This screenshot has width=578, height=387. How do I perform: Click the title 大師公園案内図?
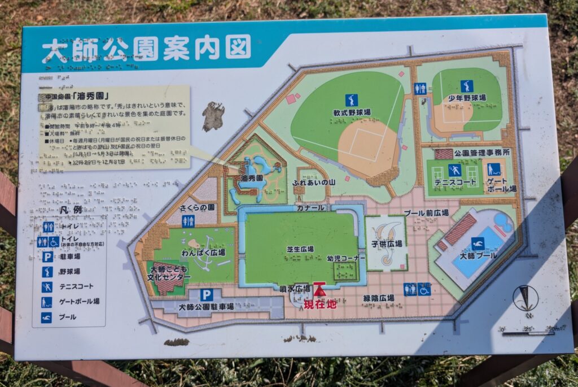point(146,50)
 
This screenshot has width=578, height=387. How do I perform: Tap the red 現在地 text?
point(319,305)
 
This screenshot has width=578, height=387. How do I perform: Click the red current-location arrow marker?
point(319,290)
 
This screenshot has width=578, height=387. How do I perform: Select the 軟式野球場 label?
point(351,112)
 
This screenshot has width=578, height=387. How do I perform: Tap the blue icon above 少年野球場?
point(466,86)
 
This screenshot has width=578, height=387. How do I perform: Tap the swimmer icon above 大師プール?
point(478,243)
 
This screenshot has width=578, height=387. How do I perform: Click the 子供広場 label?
point(387,243)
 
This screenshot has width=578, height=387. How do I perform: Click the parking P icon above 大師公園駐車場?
point(207,294)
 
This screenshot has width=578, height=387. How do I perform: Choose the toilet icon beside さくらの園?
point(188,221)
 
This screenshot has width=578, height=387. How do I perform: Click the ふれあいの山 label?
point(314,183)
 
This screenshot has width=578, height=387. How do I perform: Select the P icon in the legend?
point(47,256)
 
